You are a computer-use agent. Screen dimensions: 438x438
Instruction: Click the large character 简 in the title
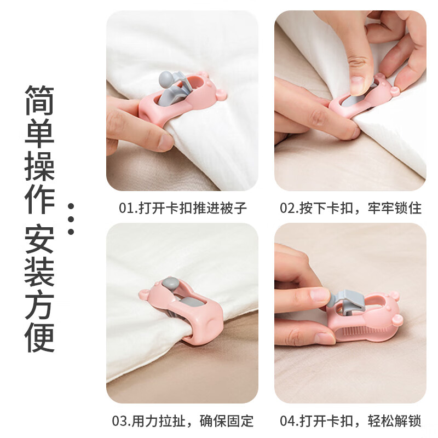pos(39,100)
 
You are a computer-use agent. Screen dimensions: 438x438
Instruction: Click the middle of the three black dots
pos(70,219)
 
